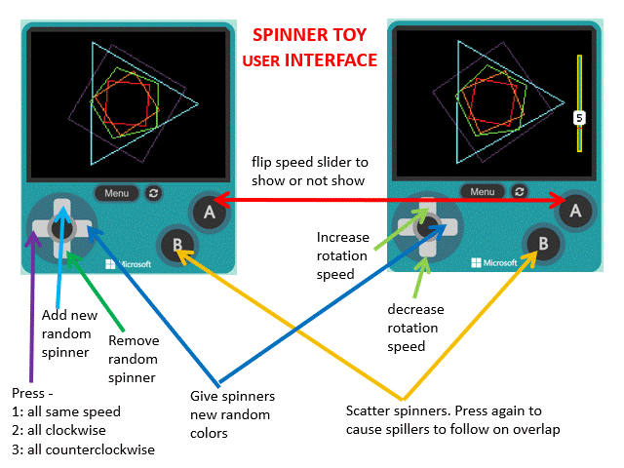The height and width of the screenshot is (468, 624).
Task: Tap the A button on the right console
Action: (575, 209)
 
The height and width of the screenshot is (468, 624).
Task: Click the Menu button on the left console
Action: (117, 193)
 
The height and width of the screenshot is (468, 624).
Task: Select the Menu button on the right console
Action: (483, 192)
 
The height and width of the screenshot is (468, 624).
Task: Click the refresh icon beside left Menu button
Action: (154, 193)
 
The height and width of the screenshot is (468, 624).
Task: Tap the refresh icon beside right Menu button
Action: (520, 192)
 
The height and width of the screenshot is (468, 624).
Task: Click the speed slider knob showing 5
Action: (579, 117)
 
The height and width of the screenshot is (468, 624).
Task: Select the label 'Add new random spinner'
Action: (67, 333)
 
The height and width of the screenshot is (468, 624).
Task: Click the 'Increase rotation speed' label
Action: (343, 255)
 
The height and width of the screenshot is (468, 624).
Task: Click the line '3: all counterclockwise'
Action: (84, 449)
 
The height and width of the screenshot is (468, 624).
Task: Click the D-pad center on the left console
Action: (60, 227)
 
